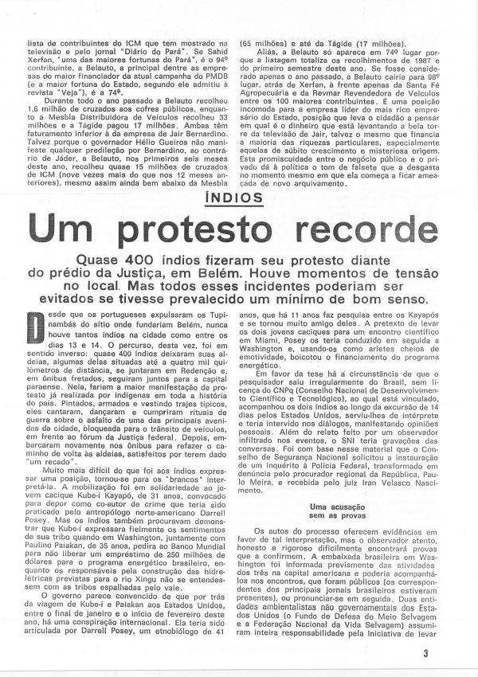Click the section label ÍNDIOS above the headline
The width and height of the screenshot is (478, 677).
coord(238,220)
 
